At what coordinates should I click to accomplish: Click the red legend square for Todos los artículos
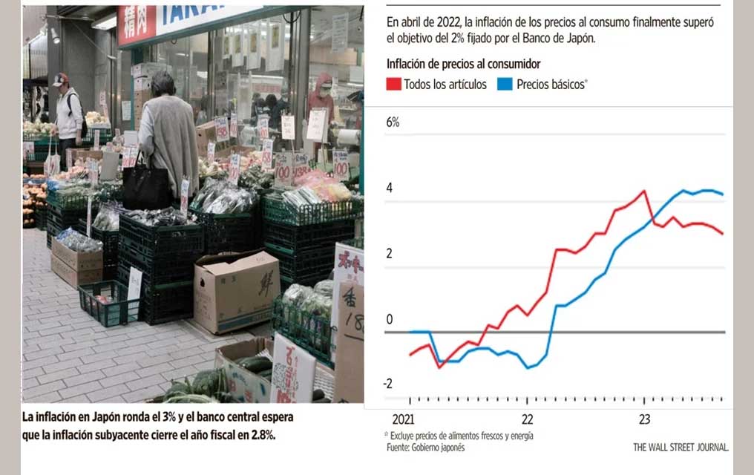393,84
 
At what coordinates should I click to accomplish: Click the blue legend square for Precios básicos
505,84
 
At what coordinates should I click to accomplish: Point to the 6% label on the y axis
393,122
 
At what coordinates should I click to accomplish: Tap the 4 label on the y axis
390,188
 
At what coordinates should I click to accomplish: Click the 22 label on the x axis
527,419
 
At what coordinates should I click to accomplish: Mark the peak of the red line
643,191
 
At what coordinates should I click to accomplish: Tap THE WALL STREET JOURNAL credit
680,447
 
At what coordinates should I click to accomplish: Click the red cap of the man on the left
60,78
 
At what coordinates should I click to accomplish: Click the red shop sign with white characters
137,24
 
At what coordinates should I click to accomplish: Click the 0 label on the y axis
390,320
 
